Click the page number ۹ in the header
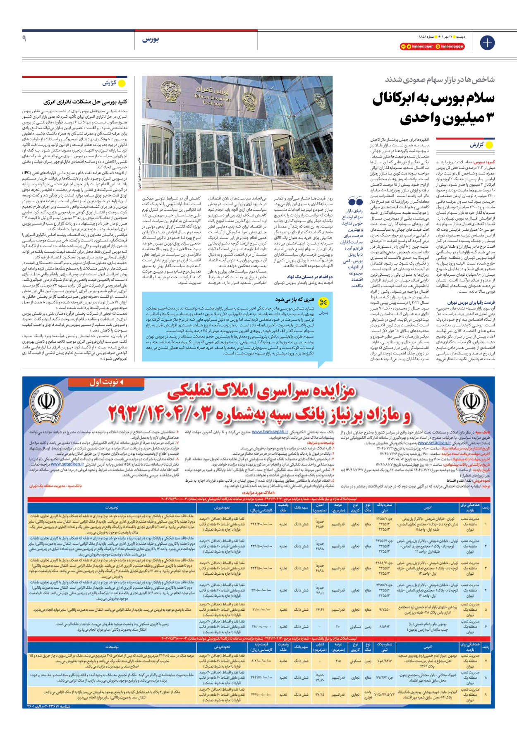[24, 38]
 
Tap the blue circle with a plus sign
[487, 43]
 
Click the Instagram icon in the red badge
[438, 47]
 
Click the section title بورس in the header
[151, 39]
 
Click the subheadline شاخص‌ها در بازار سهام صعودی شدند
[440, 79]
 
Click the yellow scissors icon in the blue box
[323, 302]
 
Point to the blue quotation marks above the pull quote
[355, 201]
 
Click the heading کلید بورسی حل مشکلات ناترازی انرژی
[85, 102]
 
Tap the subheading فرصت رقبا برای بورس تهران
[471, 303]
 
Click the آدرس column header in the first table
[428, 507]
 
